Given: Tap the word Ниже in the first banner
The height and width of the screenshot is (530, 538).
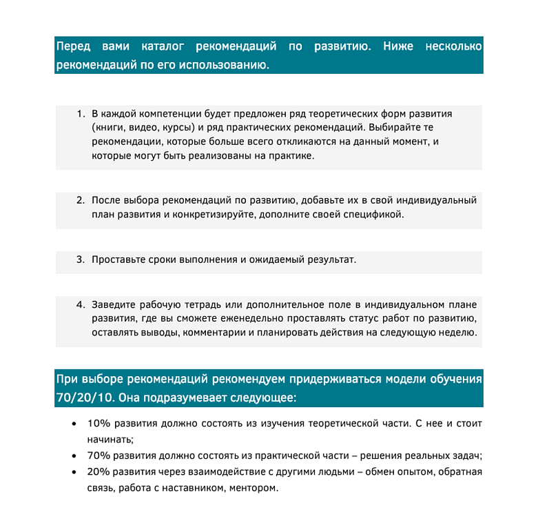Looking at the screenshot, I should pos(397,47).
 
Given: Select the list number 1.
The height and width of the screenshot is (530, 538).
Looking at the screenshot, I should pos(80,113).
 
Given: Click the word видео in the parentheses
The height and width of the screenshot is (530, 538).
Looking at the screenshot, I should pos(145,128).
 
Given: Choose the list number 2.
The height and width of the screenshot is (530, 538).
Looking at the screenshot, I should pos(80,200).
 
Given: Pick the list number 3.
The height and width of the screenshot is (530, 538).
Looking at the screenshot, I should pos(80,259).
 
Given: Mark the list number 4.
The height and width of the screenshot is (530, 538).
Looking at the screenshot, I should pos(80,304).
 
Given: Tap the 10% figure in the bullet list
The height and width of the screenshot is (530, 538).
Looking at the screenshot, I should pos(99,423).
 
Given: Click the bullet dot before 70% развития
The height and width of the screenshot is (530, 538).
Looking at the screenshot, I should pos(74,456).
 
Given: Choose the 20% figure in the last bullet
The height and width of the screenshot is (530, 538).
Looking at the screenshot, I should pos(99,472).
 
